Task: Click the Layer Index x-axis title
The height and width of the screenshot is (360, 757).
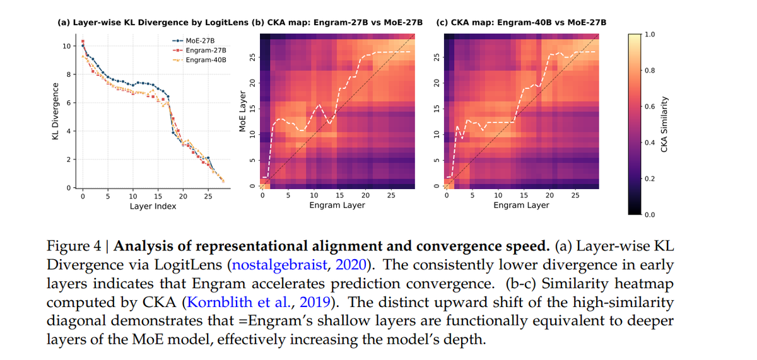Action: [153, 206]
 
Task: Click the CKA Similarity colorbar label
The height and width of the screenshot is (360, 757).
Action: [664, 123]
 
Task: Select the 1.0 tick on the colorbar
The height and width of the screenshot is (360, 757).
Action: [650, 33]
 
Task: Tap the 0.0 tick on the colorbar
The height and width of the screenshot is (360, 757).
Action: [650, 215]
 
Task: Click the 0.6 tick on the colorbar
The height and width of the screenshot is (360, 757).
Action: [650, 106]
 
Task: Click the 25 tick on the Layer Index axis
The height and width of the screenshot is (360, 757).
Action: [208, 196]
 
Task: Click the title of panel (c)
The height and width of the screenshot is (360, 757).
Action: [521, 22]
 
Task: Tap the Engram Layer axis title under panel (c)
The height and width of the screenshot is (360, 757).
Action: [521, 206]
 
